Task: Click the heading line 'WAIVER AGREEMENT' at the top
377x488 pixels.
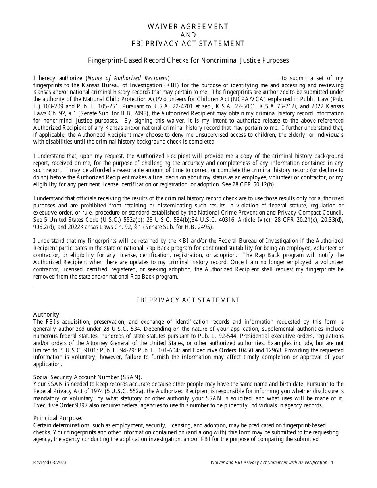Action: tap(188, 27)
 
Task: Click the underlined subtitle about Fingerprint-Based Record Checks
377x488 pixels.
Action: tap(188, 60)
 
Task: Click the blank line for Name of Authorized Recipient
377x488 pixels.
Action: tap(225, 79)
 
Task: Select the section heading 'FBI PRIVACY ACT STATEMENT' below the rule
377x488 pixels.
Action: tap(188, 300)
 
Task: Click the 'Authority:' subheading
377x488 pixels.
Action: tap(47, 315)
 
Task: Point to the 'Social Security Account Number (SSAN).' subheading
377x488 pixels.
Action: tap(87, 377)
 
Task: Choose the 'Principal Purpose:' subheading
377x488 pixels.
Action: tap(58, 418)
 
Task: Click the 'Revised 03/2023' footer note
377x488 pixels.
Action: tap(47, 463)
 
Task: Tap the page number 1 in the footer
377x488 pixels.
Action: tap(332, 463)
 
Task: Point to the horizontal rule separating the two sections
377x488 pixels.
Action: tap(188, 288)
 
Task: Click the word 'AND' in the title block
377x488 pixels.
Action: tap(188, 35)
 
